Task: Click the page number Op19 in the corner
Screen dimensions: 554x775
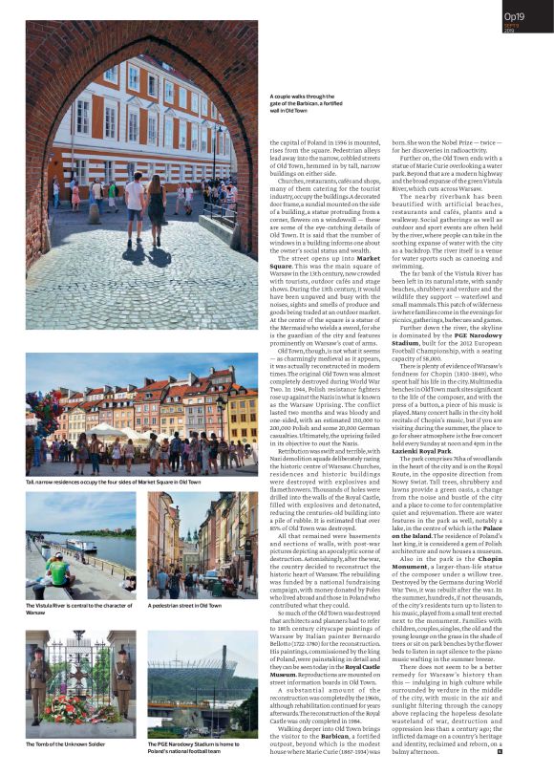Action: tap(516, 16)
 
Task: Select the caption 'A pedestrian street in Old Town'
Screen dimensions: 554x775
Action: tap(184, 606)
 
